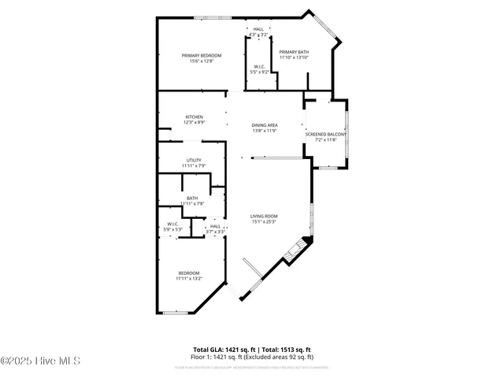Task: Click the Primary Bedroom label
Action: pos(202,55)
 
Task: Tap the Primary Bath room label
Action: pos(294,51)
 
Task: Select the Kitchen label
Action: pos(195,117)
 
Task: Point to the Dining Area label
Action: pos(265,125)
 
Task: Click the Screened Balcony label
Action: pos(325,135)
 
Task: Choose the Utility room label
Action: pos(194,160)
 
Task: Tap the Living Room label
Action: pos(265,216)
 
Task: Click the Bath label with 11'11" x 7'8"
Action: pos(192,198)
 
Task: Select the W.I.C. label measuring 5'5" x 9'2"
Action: pos(260,66)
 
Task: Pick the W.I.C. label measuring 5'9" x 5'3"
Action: pos(173,224)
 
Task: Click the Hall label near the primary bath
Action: pos(258,29)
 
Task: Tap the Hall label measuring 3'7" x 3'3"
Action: pos(215,226)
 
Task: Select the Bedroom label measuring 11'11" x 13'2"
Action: pos(189,272)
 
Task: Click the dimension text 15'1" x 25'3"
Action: pos(265,221)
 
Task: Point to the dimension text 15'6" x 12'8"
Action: pos(202,61)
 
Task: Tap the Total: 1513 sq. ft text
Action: pos(287,349)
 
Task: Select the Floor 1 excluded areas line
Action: pos(252,356)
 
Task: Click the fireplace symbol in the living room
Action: pos(295,250)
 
